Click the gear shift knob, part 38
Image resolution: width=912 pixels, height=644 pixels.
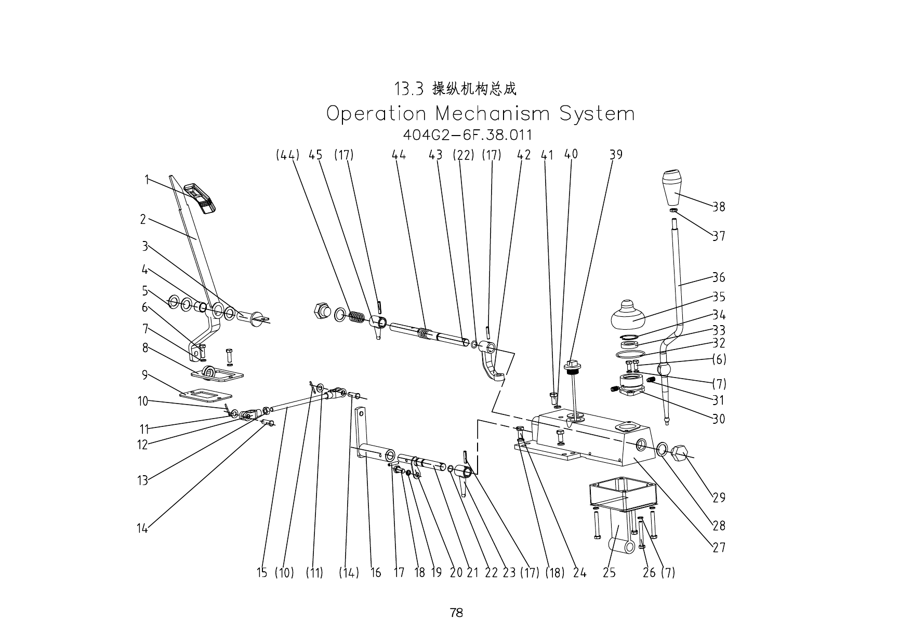(677, 187)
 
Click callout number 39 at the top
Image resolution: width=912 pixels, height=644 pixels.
(616, 155)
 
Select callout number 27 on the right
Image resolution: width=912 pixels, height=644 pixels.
(719, 547)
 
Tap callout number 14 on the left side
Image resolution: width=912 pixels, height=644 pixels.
(142, 529)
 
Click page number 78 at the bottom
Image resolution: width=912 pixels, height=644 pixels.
(456, 613)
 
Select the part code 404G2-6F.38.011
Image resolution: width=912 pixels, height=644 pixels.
(468, 135)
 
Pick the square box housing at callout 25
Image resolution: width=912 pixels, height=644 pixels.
(623, 497)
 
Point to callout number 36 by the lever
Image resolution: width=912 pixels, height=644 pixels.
(719, 277)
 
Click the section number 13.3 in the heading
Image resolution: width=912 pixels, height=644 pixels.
(409, 89)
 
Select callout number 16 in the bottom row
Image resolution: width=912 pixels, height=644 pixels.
(376, 573)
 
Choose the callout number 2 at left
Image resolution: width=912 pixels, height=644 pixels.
(143, 219)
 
